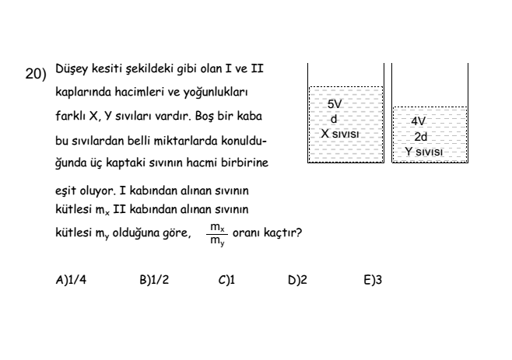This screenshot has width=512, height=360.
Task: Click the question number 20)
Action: click(x=36, y=74)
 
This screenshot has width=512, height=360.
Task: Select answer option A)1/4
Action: click(x=71, y=280)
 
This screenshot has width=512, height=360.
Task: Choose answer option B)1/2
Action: click(x=154, y=280)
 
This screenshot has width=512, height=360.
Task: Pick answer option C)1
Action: click(x=226, y=280)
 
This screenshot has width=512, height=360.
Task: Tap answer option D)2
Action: click(x=297, y=280)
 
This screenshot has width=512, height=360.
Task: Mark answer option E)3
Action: click(x=373, y=280)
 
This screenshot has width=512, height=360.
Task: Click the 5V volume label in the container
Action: click(x=335, y=104)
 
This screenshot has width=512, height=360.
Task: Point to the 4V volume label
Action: click(x=419, y=121)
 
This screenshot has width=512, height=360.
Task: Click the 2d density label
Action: click(x=420, y=136)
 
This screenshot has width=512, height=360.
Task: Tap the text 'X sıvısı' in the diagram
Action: click(x=339, y=134)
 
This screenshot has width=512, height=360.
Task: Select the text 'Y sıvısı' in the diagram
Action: click(x=424, y=152)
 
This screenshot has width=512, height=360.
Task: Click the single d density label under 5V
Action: click(x=333, y=119)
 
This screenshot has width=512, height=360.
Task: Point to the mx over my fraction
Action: click(x=217, y=234)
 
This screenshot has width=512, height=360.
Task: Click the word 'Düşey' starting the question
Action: click(x=72, y=69)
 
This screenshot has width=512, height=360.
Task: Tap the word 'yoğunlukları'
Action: click(x=216, y=93)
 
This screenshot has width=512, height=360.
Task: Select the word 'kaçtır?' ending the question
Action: click(x=282, y=232)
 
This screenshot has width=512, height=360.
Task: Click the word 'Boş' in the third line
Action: click(x=205, y=116)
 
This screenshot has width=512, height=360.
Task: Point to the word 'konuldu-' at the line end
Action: click(x=244, y=141)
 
